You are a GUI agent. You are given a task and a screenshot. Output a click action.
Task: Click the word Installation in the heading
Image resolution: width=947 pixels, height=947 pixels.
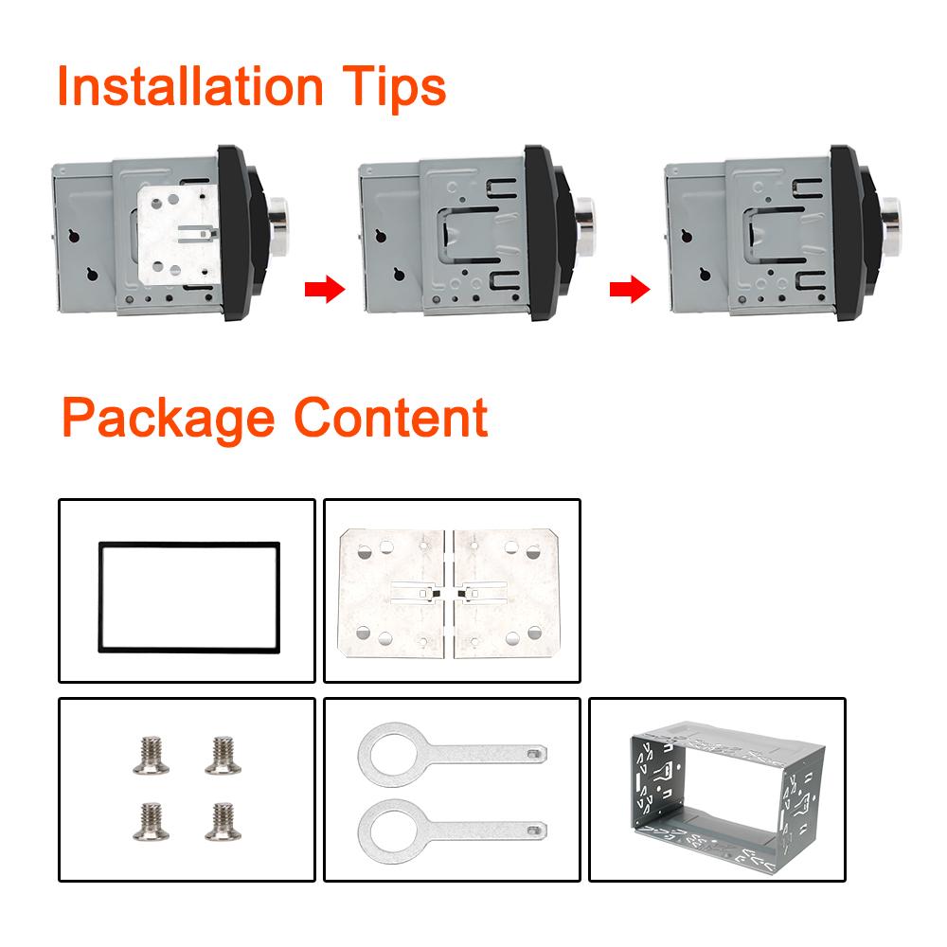point(189,86)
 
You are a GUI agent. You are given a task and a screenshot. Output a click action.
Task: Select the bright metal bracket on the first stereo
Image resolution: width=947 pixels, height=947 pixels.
point(176,233)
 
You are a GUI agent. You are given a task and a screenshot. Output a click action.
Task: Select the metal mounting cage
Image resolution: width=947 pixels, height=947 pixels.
point(717,792)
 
